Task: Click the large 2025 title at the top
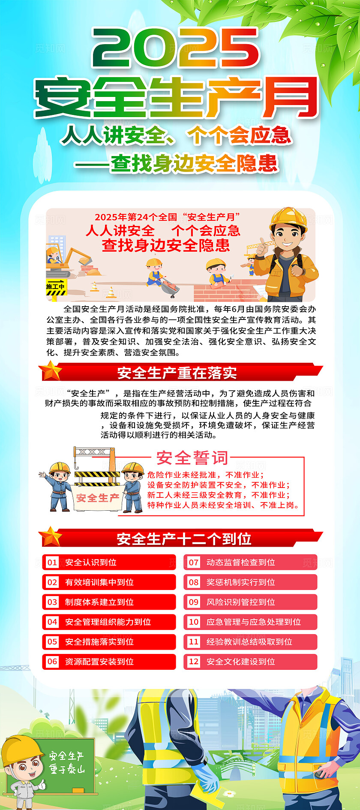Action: [176, 48]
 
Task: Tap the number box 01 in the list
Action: [52, 562]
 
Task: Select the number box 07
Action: [194, 562]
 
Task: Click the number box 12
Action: [194, 662]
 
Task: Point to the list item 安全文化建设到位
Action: [240, 662]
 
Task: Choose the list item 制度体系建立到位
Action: [99, 602]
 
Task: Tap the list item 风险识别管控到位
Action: [240, 602]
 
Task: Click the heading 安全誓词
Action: [192, 458]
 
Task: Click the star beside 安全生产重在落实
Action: [51, 371]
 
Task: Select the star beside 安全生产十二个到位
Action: [51, 537]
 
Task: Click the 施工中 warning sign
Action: [56, 287]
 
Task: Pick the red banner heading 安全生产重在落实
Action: [177, 373]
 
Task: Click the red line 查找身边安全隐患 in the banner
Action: [166, 245]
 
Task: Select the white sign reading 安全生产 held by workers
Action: [97, 498]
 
